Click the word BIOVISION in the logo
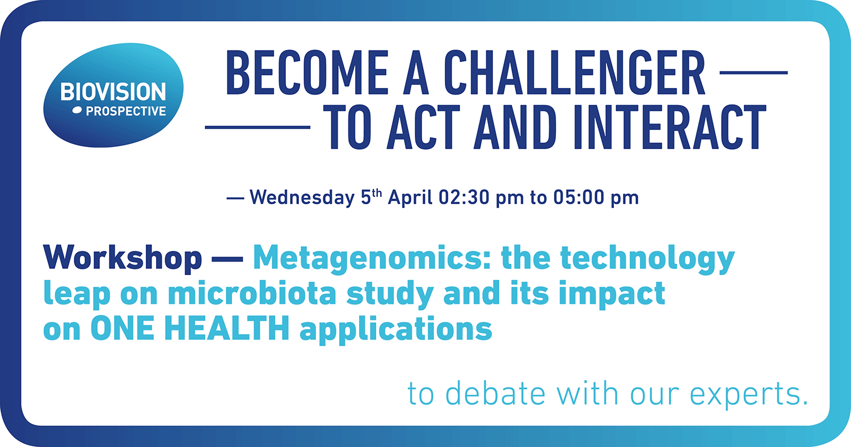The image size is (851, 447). click(x=113, y=91)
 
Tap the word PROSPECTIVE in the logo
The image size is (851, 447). click(x=126, y=111)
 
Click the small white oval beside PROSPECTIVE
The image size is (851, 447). click(x=77, y=111)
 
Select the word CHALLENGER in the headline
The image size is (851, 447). click(x=574, y=72)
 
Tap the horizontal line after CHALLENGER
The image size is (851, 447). click(x=754, y=72)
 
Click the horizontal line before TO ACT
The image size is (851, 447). click(x=258, y=127)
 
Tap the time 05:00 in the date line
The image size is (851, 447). click(x=579, y=197)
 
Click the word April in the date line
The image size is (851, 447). click(x=410, y=197)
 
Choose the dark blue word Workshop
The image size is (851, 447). click(x=123, y=258)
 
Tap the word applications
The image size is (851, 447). click(x=396, y=330)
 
